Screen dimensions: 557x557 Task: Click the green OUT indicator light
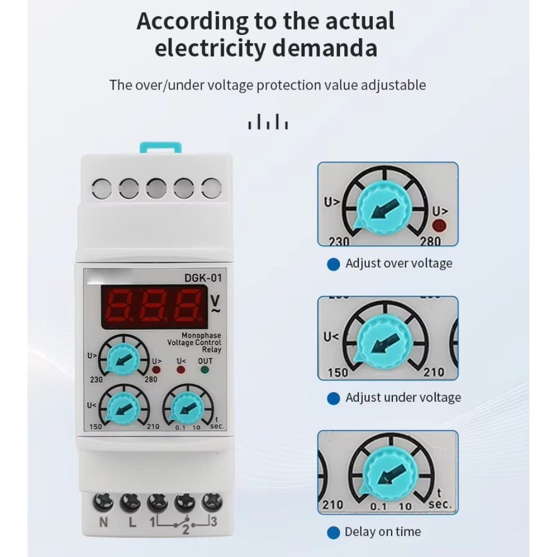pos(205,369)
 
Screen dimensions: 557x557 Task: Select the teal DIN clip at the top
pos(160,148)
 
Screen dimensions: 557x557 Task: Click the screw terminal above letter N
pos(103,502)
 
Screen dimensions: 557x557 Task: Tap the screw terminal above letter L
pos(130,502)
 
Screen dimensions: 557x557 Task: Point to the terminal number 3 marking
pos(213,521)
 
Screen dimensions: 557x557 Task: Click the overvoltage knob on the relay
pos(122,359)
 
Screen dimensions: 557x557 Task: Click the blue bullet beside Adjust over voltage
pos(333,264)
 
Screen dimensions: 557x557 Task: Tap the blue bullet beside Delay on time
pos(333,532)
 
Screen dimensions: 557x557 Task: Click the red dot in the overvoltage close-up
pos(439,225)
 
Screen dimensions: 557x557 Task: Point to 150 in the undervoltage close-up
pos(338,373)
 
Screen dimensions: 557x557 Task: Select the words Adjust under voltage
pos(403,397)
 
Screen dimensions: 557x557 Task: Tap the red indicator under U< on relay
pos(181,369)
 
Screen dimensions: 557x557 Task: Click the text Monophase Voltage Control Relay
pos(194,343)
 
